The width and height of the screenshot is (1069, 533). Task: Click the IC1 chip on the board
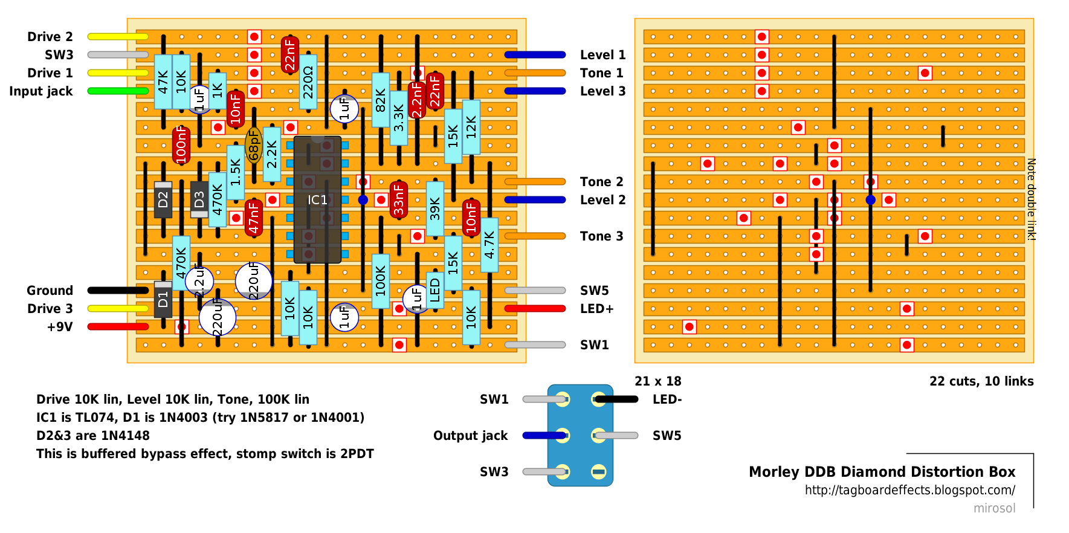(x=317, y=199)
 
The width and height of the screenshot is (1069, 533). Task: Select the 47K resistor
(x=163, y=82)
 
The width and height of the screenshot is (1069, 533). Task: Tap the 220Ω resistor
(x=308, y=82)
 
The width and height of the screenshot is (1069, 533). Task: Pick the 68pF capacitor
(x=254, y=145)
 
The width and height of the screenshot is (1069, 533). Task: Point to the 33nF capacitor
(x=399, y=199)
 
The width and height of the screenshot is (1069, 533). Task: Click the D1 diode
(x=163, y=299)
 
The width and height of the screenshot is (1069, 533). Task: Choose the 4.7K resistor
(x=489, y=245)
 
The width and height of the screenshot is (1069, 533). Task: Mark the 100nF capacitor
(x=181, y=145)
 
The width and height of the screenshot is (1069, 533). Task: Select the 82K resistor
(x=381, y=100)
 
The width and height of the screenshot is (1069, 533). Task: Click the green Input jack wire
(x=118, y=91)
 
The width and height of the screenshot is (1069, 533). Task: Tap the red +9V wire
(x=118, y=327)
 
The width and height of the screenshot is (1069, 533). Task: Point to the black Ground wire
(x=118, y=291)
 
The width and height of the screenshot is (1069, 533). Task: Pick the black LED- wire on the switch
(x=616, y=399)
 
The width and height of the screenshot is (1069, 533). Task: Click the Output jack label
(x=470, y=436)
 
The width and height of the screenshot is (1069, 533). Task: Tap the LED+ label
(x=596, y=309)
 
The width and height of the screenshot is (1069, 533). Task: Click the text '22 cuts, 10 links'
(x=981, y=381)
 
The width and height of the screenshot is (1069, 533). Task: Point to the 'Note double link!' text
(x=1032, y=199)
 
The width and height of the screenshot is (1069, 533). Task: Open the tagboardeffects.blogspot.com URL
(x=910, y=490)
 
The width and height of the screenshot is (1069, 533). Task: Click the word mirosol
(x=995, y=508)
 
